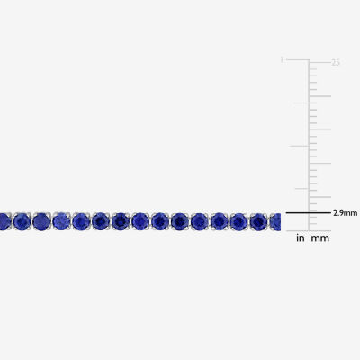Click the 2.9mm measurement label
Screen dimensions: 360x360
[345, 213]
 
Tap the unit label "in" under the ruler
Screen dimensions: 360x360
[301, 238]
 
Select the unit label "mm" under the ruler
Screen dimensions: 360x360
[319, 238]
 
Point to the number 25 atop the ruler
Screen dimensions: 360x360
[336, 63]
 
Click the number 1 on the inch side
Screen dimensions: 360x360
[282, 60]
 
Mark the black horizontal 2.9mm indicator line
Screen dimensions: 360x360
[309, 213]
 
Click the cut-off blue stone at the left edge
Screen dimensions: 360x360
[5, 221]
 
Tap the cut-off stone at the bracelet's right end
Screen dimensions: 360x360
[275, 221]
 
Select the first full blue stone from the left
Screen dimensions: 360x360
[22, 221]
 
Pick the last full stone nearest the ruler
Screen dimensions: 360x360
[259, 221]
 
